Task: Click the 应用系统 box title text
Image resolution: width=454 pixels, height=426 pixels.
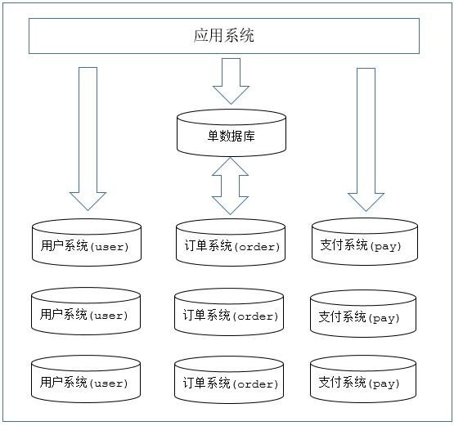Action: tap(224, 36)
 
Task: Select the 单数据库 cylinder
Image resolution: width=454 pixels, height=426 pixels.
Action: tap(231, 133)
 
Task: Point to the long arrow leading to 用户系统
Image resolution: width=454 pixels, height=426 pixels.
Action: tap(88, 135)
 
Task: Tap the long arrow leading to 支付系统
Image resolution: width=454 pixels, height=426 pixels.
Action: tap(366, 135)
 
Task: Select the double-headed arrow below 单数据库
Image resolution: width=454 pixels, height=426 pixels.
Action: tap(231, 186)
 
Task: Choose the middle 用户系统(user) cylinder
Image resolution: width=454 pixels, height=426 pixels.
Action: tap(85, 312)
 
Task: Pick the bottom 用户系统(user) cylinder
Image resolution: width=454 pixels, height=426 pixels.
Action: tap(85, 380)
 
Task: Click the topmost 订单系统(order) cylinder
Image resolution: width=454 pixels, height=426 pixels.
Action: tap(231, 243)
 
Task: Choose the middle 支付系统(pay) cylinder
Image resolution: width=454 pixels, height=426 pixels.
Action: tap(364, 314)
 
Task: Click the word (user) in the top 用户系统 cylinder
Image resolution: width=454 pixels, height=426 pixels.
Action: tap(108, 247)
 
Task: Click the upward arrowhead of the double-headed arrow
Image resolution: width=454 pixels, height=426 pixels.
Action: tap(231, 167)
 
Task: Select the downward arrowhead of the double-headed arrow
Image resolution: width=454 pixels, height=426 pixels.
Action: tap(231, 207)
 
